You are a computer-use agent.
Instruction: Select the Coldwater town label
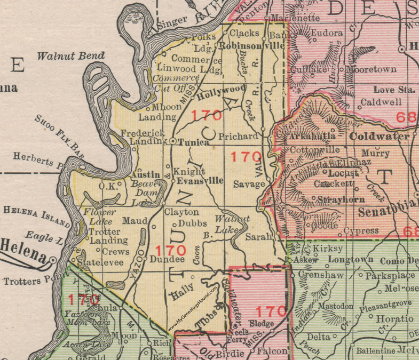point(379,136)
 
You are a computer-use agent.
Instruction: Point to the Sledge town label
point(261,323)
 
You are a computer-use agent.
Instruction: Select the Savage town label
point(249,184)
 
